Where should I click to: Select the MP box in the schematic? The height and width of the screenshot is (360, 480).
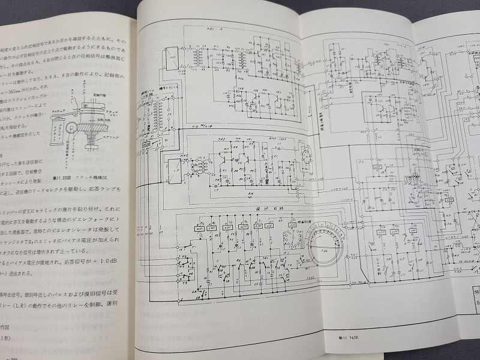coord(172,58)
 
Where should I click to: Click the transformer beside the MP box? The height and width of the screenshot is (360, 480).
coord(194,57)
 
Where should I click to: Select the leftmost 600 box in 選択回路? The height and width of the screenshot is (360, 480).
coord(199,228)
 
